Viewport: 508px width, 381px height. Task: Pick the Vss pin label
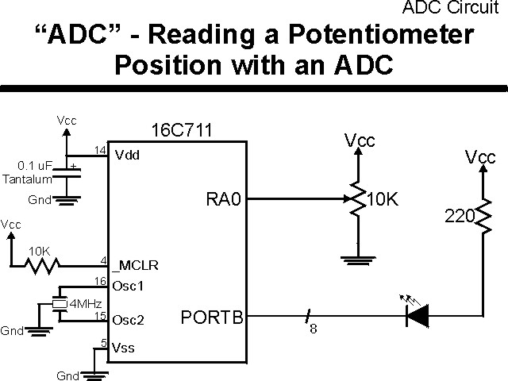pyautogui.click(x=123, y=347)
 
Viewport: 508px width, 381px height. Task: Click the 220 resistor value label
pyautogui.click(x=457, y=215)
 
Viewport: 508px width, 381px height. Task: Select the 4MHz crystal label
pyautogui.click(x=84, y=304)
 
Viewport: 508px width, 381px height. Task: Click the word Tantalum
pyautogui.click(x=27, y=179)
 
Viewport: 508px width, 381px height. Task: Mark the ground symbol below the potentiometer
pyautogui.click(x=359, y=258)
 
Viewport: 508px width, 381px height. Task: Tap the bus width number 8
pyautogui.click(x=313, y=330)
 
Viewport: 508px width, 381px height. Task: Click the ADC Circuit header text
pyautogui.click(x=455, y=8)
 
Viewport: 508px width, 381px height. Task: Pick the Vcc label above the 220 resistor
pyautogui.click(x=480, y=157)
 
